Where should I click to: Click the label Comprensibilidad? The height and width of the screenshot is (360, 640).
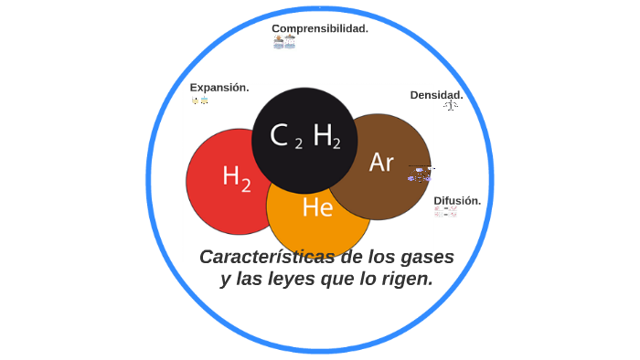[x=319, y=28]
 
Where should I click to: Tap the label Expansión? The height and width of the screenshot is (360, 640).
[x=219, y=88]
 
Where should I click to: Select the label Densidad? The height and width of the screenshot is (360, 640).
[x=436, y=95]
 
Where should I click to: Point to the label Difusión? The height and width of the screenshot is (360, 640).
[x=457, y=200]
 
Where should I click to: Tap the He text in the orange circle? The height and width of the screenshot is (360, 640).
[x=317, y=207]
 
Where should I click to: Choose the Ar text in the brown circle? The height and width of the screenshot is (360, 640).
[x=381, y=163]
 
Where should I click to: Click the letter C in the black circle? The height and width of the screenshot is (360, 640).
[x=280, y=135]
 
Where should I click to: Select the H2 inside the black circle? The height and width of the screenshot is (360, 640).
[x=326, y=136]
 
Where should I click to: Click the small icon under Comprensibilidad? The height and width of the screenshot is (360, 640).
[x=284, y=42]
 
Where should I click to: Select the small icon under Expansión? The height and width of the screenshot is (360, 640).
[x=200, y=101]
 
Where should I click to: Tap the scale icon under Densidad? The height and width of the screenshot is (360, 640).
[x=450, y=106]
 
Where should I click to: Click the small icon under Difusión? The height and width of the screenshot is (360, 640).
[x=445, y=212]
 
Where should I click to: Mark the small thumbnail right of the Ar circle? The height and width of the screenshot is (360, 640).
[x=420, y=174]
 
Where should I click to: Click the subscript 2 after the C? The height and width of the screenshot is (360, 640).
[x=299, y=143]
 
